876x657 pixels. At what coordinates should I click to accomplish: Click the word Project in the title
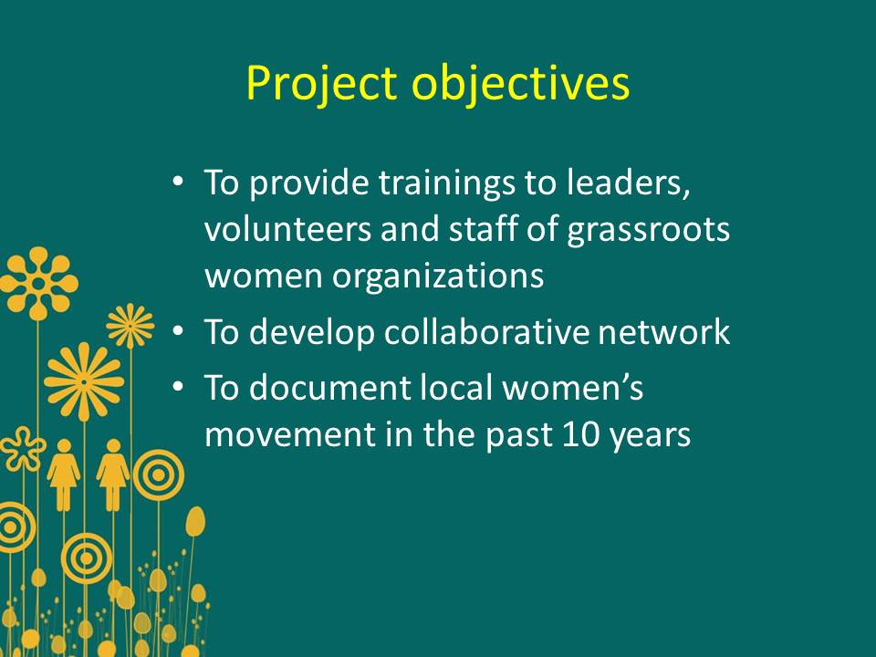click(321, 84)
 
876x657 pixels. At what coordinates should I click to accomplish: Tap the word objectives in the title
click(521, 83)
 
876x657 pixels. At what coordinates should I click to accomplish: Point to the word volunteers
click(287, 229)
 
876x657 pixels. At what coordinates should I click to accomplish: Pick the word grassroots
click(648, 230)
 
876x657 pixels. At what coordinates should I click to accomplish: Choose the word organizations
click(438, 276)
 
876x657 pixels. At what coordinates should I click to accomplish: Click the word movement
click(290, 434)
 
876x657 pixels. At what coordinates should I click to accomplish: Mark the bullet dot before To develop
click(178, 331)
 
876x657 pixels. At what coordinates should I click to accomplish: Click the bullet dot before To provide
click(178, 182)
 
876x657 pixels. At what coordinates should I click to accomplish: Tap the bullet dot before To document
click(178, 387)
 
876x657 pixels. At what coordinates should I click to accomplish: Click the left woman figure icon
click(64, 474)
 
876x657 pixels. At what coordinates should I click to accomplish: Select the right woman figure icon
click(113, 474)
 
